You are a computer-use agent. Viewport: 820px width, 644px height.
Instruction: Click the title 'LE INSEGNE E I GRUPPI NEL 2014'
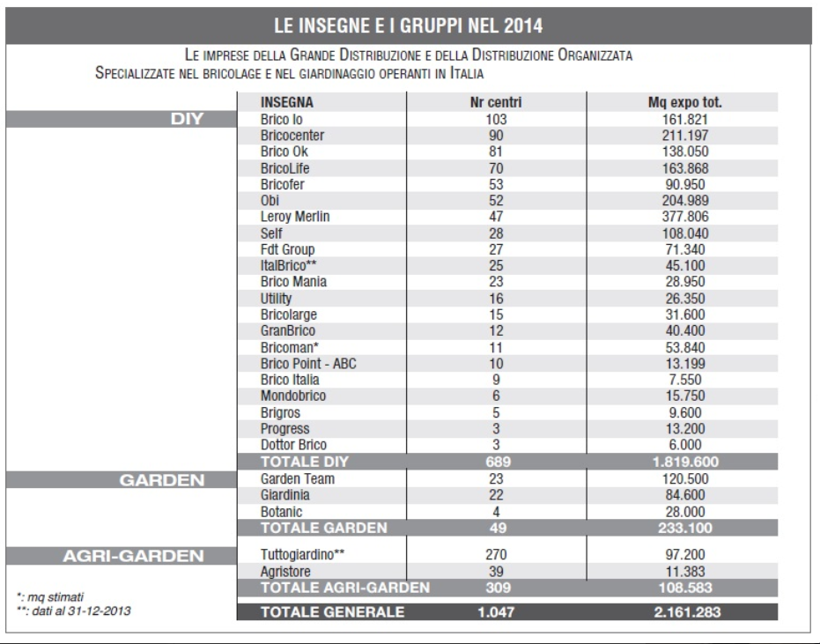pos(410,20)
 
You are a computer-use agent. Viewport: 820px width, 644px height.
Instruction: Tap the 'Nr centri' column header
pos(497,102)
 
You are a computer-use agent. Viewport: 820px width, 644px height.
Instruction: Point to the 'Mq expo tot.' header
pos(684,102)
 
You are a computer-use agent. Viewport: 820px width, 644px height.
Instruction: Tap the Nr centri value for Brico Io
pos(497,117)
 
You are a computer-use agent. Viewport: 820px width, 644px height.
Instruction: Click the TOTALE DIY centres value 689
pos(497,462)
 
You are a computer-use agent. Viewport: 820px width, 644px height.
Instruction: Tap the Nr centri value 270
pos(497,556)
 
